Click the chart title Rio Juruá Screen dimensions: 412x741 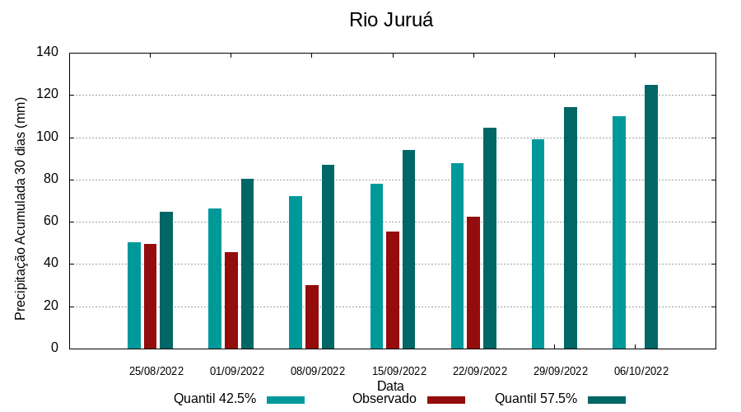391,20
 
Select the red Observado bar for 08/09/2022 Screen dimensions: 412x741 312,317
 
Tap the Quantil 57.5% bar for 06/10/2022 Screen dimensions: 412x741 651,217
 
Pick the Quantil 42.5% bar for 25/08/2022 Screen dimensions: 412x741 134,295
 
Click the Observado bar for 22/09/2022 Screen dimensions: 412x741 473,283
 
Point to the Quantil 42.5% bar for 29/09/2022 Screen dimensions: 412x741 538,244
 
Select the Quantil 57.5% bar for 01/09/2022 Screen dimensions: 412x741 247,264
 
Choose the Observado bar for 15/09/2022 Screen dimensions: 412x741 393,290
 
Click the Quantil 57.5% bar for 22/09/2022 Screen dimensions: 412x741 490,238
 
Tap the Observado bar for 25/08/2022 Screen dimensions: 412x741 150,296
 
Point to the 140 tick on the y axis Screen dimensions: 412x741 48,53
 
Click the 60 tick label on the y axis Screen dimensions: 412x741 51,222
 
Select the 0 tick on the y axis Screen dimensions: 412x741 55,349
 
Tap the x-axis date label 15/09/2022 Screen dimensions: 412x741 399,372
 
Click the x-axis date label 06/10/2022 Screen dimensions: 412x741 641,372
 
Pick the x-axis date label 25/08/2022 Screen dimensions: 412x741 156,372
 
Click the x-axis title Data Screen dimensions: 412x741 391,386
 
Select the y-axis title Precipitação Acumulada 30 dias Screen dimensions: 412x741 21,208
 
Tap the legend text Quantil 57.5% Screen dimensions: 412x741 536,399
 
